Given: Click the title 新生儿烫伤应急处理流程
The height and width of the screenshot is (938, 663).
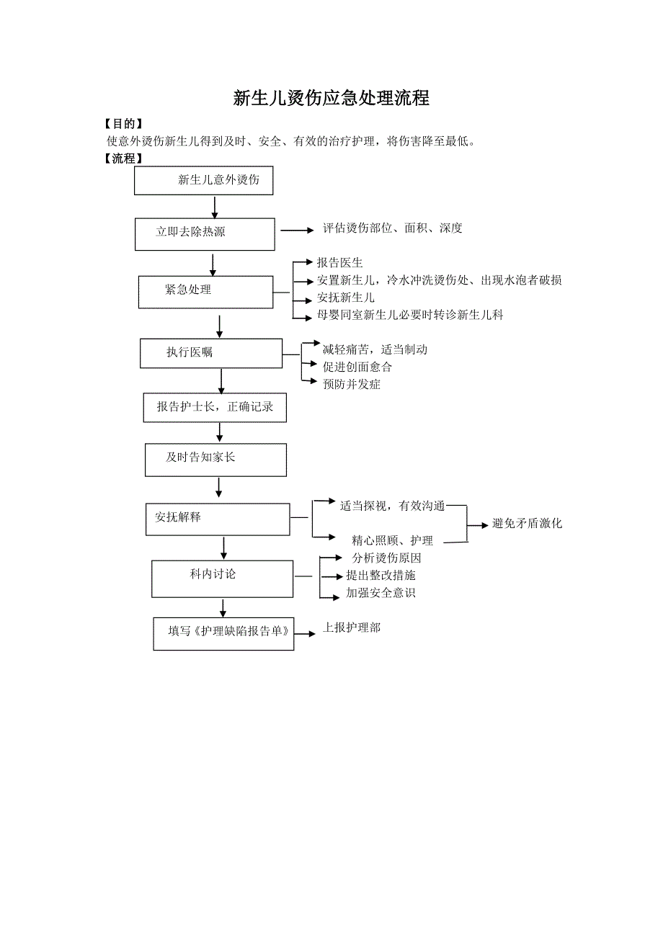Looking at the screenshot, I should click(331, 99).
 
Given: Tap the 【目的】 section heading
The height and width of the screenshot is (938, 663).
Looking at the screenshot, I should click(123, 124).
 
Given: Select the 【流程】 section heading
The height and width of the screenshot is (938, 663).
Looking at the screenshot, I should click(123, 158).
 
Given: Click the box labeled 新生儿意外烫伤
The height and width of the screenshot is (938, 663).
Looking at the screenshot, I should click(204, 180).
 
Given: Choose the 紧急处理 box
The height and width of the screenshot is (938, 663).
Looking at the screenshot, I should click(205, 291).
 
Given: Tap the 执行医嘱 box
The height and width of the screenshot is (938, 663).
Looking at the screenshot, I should click(210, 353).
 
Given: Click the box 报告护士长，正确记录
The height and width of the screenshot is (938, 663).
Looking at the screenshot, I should click(215, 407).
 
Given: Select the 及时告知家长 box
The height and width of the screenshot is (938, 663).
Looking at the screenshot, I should click(215, 460).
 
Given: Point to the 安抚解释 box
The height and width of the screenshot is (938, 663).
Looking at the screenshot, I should click(217, 519).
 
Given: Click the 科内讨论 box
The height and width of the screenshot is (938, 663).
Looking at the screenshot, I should click(222, 578).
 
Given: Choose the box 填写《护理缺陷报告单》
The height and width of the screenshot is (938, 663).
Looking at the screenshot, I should click(223, 633).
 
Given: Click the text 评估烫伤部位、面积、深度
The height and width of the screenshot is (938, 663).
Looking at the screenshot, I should click(393, 228).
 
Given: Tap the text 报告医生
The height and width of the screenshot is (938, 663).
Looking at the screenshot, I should click(340, 263).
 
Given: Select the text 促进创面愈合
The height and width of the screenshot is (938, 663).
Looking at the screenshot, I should click(357, 367).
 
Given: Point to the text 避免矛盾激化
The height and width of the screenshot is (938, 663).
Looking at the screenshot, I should click(527, 524).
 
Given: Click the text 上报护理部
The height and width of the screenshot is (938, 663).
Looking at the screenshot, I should click(352, 627).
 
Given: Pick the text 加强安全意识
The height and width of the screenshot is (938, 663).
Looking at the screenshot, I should click(381, 593).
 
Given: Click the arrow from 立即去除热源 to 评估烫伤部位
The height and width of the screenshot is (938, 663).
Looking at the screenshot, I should click(298, 231).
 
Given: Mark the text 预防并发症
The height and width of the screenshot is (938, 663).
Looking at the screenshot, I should click(352, 384).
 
